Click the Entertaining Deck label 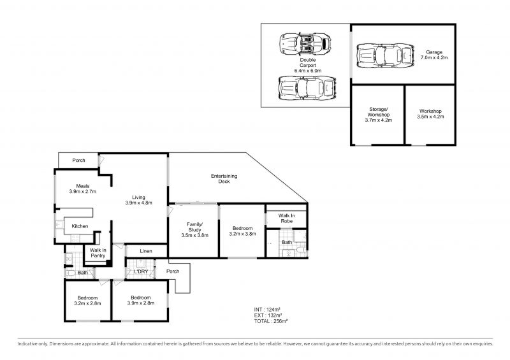click(x=224, y=179)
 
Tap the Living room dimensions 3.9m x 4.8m click(x=138, y=203)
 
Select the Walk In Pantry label click(x=98, y=253)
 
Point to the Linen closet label click(x=146, y=251)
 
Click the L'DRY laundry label click(x=141, y=271)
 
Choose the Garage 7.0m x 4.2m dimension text click(x=434, y=57)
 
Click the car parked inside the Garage click(x=385, y=55)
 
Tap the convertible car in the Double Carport click(x=305, y=43)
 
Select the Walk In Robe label click(x=286, y=218)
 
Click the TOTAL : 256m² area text click(x=270, y=321)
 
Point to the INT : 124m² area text click(x=267, y=310)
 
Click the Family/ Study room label click(x=195, y=227)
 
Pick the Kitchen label click(x=80, y=226)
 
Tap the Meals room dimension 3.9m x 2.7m click(x=83, y=192)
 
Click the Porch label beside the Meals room click(x=78, y=161)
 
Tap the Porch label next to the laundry click(x=173, y=271)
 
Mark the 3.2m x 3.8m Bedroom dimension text click(x=243, y=233)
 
